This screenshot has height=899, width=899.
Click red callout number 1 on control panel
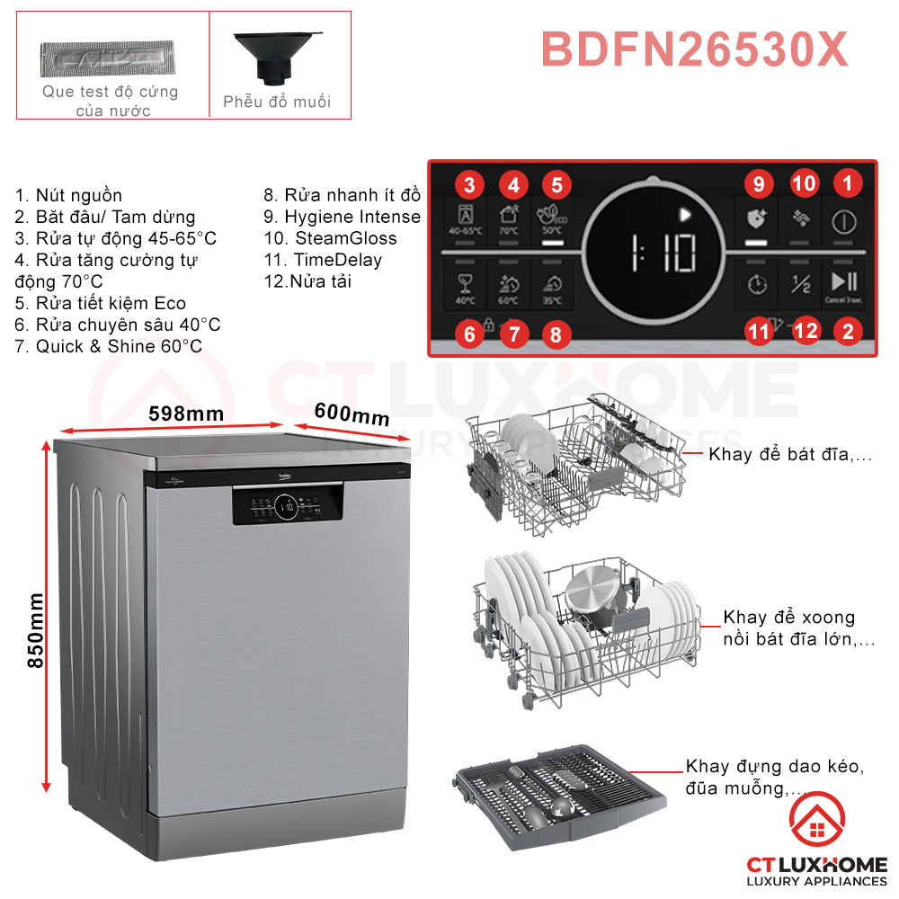coord(846,184)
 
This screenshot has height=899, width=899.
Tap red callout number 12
coord(806,331)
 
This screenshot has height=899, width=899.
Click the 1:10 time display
coord(661,254)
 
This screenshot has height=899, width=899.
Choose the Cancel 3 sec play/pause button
coord(844,283)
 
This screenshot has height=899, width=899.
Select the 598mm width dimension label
coord(186,414)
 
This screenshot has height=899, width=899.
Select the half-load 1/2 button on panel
coord(800,283)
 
